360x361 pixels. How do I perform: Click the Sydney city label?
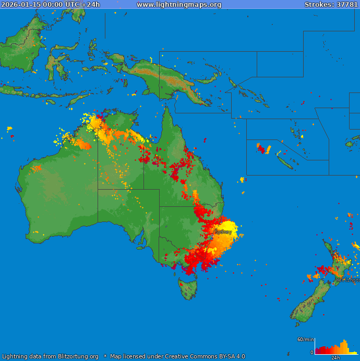pyautogui.click(x=223, y=231)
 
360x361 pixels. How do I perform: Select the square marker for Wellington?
pyautogui.click(x=333, y=283)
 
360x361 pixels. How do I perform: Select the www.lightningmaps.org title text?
pyautogui.click(x=179, y=5)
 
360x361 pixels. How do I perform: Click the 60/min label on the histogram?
pyautogui.click(x=305, y=340)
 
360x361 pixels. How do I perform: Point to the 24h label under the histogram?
pyautogui.click(x=335, y=358)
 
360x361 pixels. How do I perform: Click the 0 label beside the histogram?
pyautogui.click(x=311, y=353)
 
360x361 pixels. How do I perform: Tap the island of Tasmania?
pyautogui.click(x=188, y=288)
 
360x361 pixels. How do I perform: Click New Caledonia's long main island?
pyautogui.click(x=284, y=162)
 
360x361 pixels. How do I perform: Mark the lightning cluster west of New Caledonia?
pyautogui.click(x=263, y=149)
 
